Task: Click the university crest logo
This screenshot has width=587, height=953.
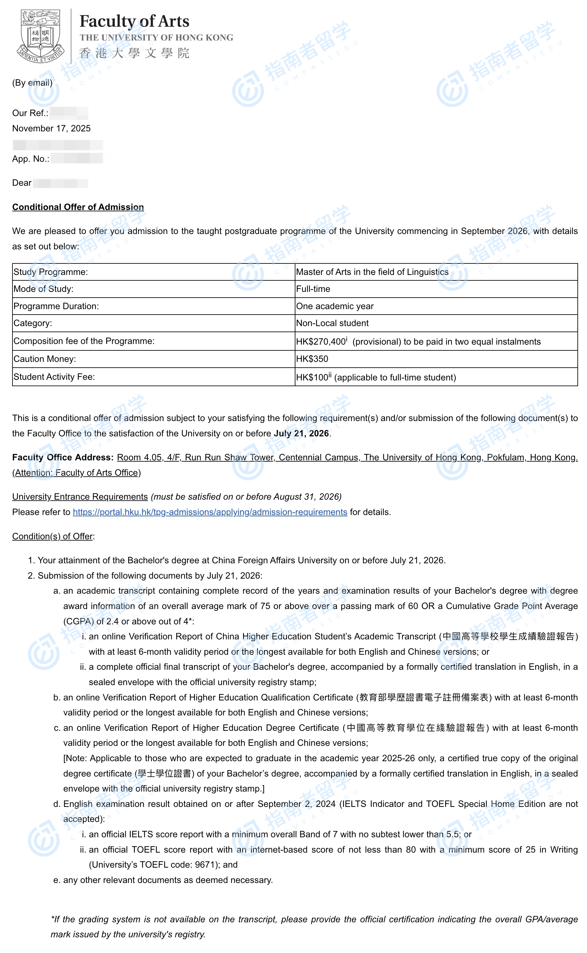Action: [x=40, y=36]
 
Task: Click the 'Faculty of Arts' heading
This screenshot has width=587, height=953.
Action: [x=134, y=21]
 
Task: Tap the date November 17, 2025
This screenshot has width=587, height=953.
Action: [x=51, y=129]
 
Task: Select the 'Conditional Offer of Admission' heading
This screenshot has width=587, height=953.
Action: [x=78, y=207]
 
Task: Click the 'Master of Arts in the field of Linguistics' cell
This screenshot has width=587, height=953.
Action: [x=372, y=272]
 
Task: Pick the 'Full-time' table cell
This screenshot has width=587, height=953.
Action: [x=313, y=289]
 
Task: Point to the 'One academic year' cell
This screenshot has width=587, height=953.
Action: [x=335, y=306]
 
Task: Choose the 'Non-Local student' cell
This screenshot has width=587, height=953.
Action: [x=332, y=323]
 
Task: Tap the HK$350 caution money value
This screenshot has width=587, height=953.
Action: [x=312, y=359]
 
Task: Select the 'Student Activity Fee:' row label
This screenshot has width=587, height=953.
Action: [x=54, y=377]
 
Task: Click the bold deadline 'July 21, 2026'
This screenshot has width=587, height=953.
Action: [x=301, y=433]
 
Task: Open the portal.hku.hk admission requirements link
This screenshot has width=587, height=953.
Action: [x=210, y=512]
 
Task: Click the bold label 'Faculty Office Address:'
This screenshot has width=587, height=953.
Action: [x=63, y=457]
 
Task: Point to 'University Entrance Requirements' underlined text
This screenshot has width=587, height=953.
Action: [x=80, y=497]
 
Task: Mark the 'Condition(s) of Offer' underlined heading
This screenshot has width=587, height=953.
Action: [x=52, y=536]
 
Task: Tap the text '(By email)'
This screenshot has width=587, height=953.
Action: [x=32, y=83]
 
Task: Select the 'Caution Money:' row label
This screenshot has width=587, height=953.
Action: [x=45, y=359]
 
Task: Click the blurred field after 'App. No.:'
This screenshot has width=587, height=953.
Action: [x=76, y=158]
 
